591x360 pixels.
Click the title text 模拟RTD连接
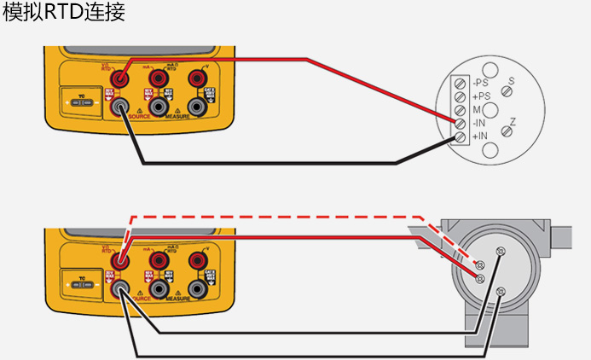click(x=64, y=15)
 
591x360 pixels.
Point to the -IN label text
click(x=479, y=123)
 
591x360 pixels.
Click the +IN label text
click(x=479, y=136)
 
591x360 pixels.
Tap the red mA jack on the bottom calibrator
click(x=159, y=260)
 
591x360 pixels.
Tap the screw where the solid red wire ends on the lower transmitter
click(x=480, y=279)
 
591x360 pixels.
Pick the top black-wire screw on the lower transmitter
click(x=501, y=252)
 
